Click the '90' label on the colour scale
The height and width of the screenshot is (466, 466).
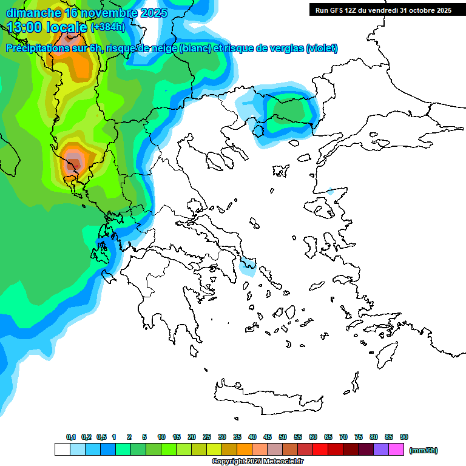(x=404, y=437)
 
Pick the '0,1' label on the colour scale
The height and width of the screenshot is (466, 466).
(x=71, y=437)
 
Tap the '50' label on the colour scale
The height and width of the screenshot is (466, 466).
(x=283, y=437)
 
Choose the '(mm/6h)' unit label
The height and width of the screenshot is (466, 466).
(x=424, y=450)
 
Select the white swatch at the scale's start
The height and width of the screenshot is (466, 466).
(x=62, y=450)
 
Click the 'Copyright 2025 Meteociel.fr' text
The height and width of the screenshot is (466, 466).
(x=257, y=462)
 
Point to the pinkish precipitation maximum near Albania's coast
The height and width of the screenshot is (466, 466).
(x=73, y=161)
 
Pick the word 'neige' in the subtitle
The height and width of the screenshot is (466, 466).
(x=162, y=49)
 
